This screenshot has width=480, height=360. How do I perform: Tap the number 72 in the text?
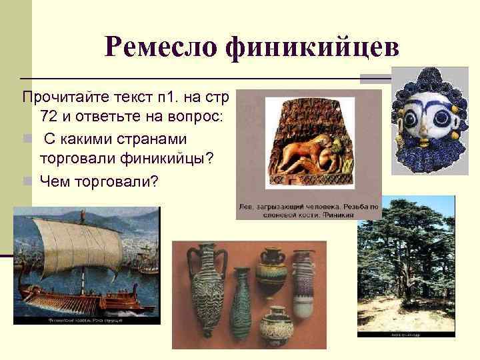click(49, 117)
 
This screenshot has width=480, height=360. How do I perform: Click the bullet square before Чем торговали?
click(27, 180)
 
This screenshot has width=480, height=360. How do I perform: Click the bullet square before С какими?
click(27, 141)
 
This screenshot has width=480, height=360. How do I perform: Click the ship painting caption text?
click(87, 319)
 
